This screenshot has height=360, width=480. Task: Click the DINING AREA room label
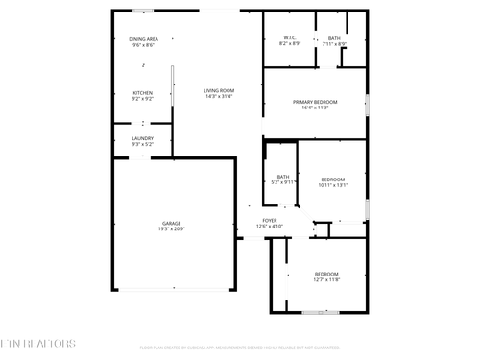pyautogui.click(x=142, y=38)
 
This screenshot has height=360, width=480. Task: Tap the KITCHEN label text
pyautogui.click(x=142, y=92)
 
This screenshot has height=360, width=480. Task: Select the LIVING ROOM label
pyautogui.click(x=219, y=90)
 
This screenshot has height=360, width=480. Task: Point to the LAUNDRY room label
pyautogui.click(x=142, y=138)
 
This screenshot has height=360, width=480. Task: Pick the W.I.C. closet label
pyautogui.click(x=289, y=38)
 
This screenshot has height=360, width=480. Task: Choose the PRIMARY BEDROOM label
pyautogui.click(x=315, y=102)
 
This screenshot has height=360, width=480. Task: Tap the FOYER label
pyautogui.click(x=270, y=220)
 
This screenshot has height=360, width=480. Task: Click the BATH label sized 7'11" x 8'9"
pyautogui.click(x=333, y=38)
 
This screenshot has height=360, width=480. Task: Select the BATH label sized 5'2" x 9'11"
pyautogui.click(x=283, y=176)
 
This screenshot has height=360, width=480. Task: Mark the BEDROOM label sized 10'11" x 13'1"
pyautogui.click(x=332, y=179)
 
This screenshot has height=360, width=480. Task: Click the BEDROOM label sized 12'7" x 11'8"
pyautogui.click(x=326, y=274)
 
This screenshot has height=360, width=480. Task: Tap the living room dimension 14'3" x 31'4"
pyautogui.click(x=219, y=97)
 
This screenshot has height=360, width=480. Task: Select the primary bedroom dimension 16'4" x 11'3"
pyautogui.click(x=315, y=108)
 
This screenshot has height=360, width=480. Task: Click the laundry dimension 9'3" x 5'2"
pyautogui.click(x=142, y=144)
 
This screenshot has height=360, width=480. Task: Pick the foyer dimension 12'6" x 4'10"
pyautogui.click(x=270, y=226)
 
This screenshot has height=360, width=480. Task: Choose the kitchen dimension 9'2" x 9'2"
pyautogui.click(x=142, y=98)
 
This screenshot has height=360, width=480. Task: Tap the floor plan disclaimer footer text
pyautogui.click(x=239, y=348)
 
